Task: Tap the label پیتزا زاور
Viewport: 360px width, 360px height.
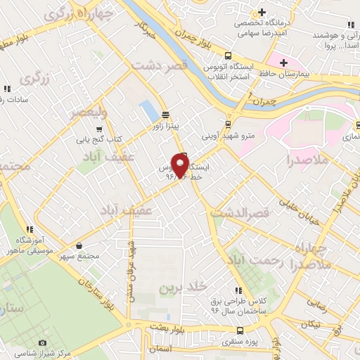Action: point(167,127)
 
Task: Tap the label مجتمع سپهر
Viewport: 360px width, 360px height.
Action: point(79,257)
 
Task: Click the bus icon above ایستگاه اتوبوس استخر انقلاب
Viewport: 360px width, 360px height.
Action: point(227,57)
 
